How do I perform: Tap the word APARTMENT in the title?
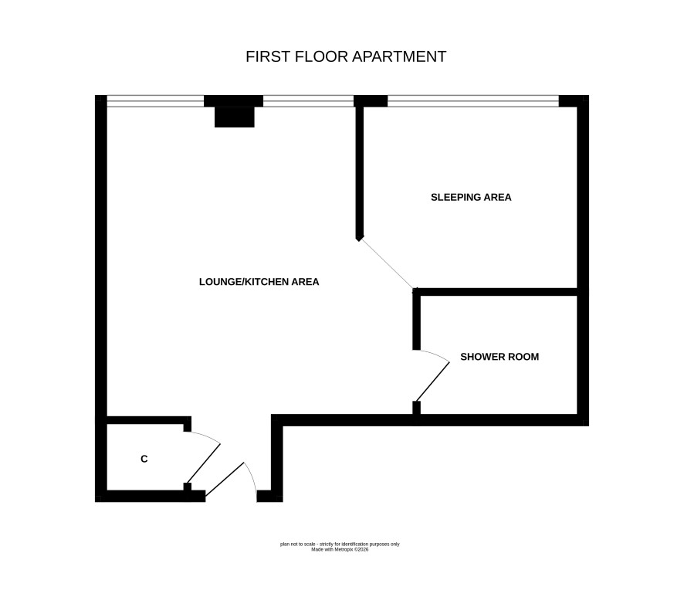398,56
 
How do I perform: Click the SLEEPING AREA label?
471,197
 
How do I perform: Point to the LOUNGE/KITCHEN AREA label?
259,282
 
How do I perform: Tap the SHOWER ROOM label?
499,357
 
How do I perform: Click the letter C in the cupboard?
144,459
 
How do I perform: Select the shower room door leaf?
432,382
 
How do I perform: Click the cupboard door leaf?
204,463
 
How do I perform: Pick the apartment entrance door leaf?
225,479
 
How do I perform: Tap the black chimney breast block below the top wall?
234,117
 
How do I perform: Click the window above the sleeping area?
473,101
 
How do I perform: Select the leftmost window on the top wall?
155,101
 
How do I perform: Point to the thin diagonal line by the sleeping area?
388,263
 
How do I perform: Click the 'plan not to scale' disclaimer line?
340,544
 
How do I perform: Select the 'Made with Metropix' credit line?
340,550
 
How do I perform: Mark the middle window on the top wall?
308,101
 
